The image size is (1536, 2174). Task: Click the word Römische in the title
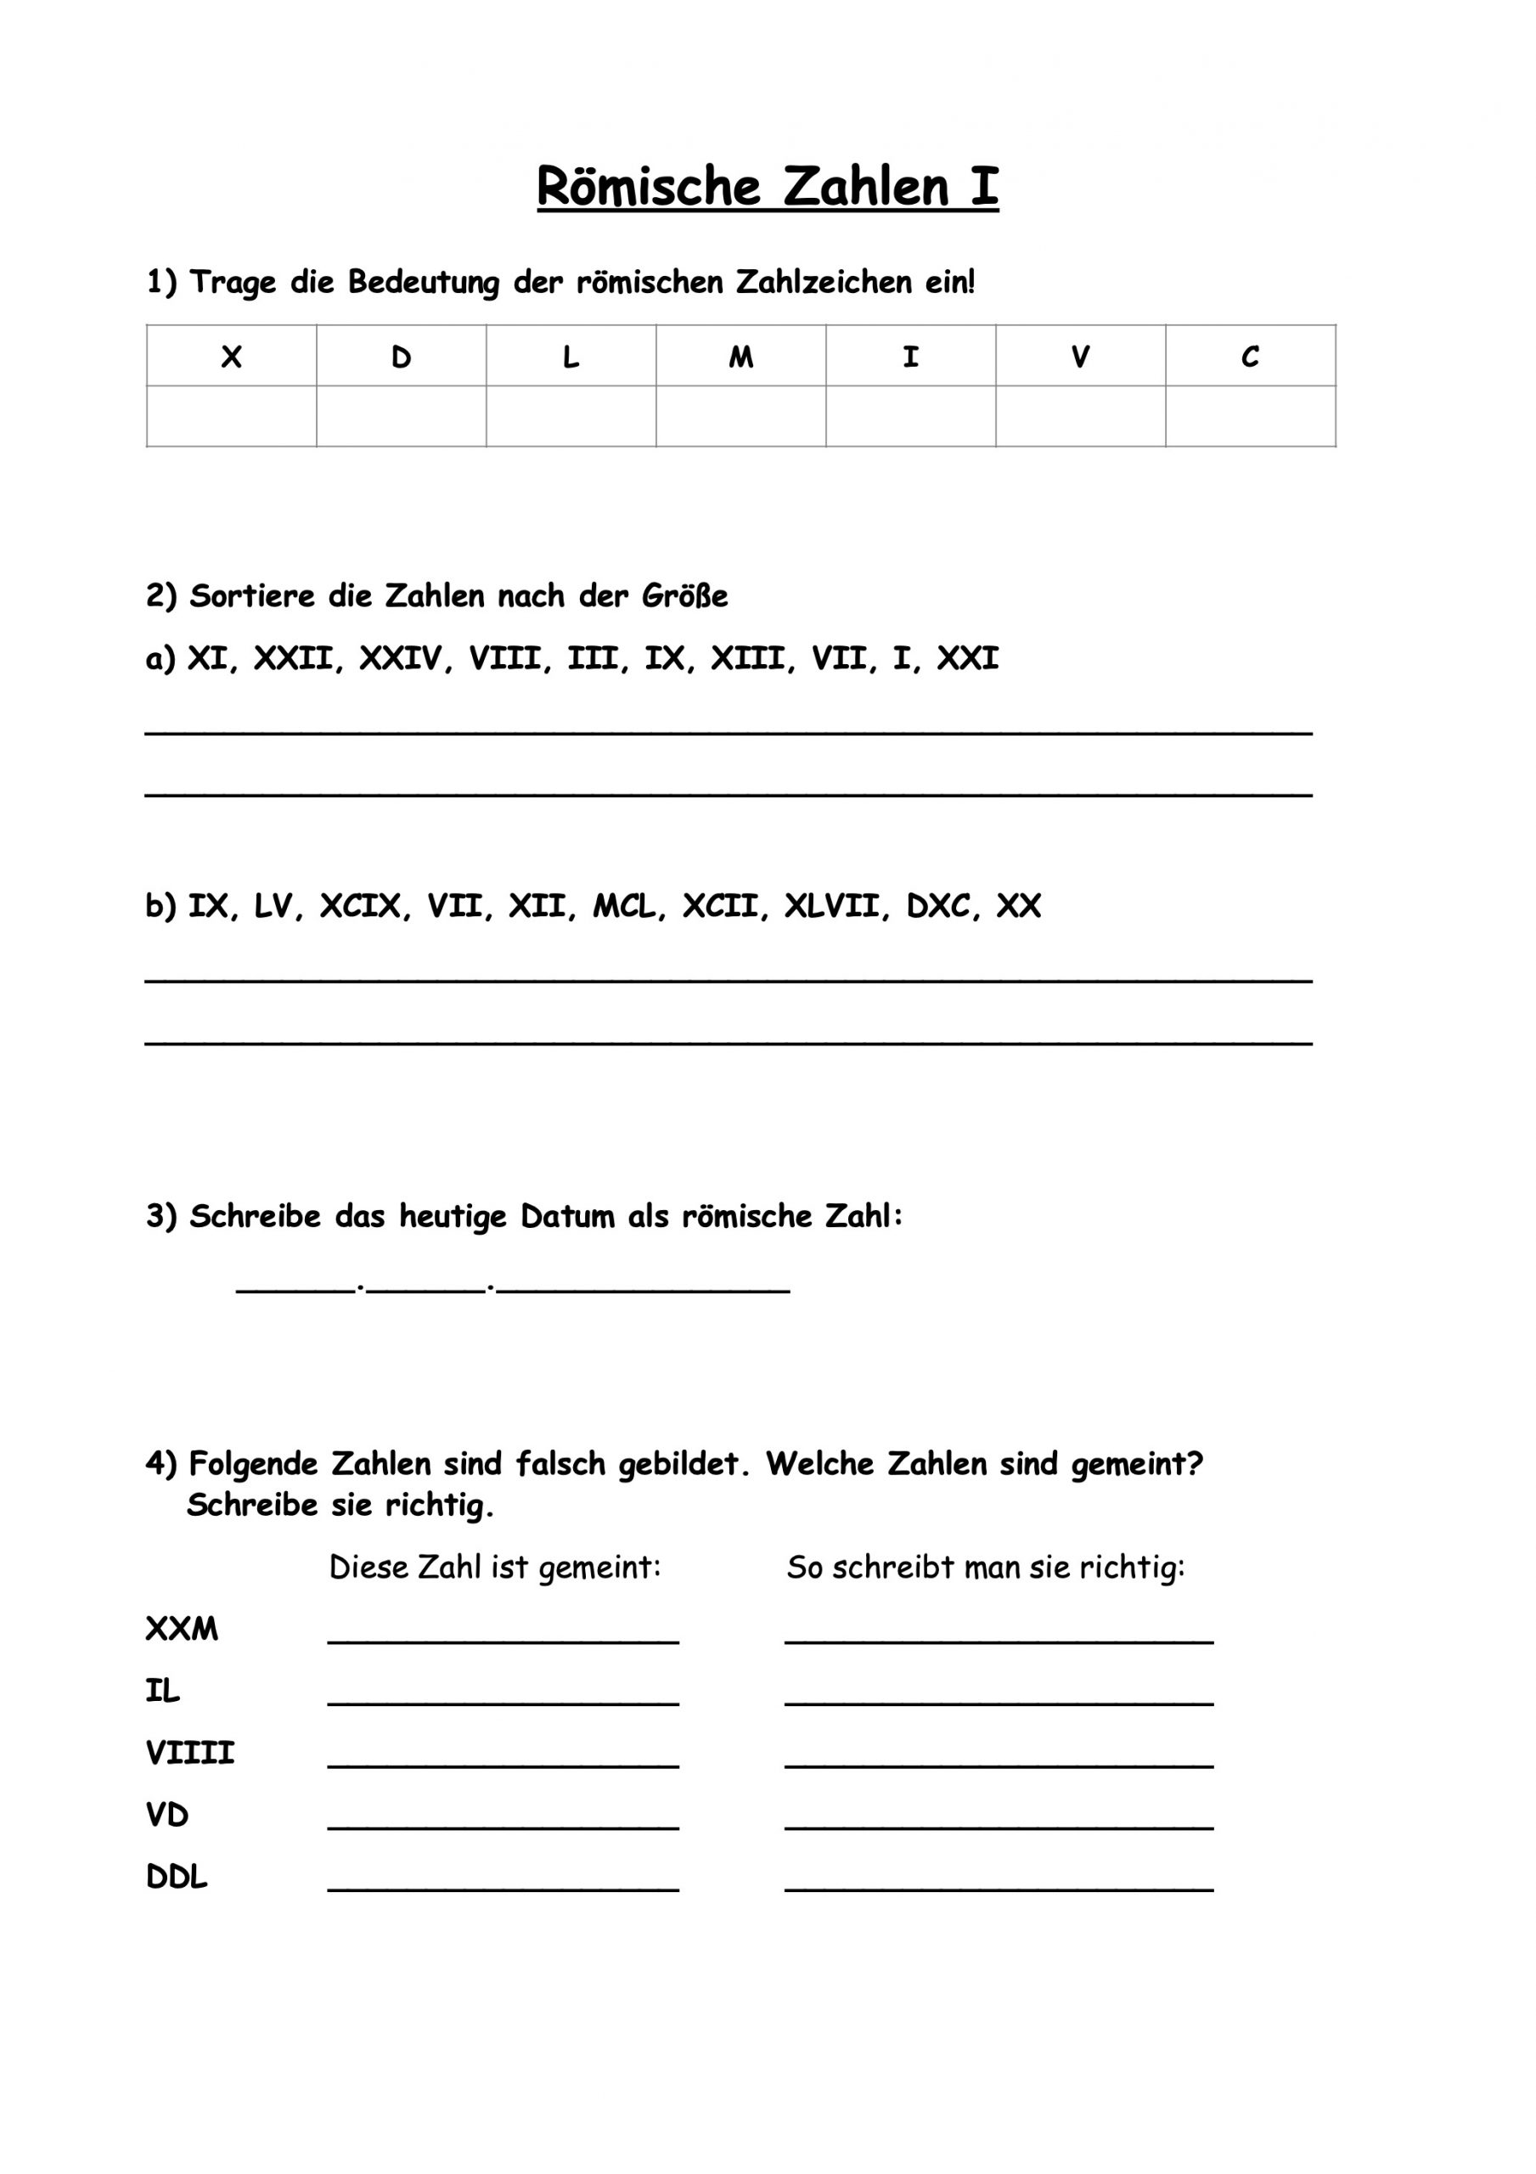[x=649, y=187]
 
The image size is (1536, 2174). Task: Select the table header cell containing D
[x=401, y=357]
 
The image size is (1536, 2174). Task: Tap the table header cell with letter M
[x=740, y=357]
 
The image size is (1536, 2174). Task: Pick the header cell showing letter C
[x=1250, y=357]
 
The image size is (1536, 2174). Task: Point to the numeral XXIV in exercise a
[x=400, y=658]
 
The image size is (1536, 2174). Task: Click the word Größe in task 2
[x=684, y=596]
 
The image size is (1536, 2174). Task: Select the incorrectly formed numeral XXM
[x=182, y=1629]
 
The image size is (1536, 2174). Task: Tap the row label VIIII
[x=189, y=1753]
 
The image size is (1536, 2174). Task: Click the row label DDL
[x=176, y=1877]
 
